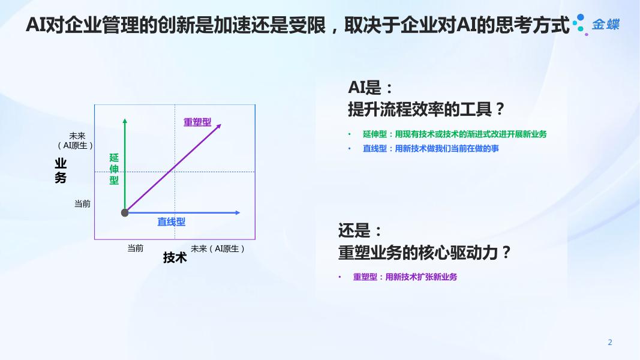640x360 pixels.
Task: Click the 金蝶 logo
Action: pos(596,25)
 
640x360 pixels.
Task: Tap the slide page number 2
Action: pos(610,343)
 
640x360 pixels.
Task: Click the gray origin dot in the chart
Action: pos(125,212)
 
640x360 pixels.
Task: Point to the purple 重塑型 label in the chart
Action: pos(197,122)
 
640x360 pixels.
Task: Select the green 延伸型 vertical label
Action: pos(114,169)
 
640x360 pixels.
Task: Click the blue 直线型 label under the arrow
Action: pos(172,222)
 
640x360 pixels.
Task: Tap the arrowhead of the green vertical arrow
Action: pos(125,121)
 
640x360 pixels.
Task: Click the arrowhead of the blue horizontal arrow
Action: pos(238,212)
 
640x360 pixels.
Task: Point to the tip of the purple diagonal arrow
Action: pos(221,124)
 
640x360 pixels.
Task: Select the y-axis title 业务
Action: pos(61,170)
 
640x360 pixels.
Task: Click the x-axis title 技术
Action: pos(175,257)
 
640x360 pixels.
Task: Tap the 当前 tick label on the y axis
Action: pos(82,203)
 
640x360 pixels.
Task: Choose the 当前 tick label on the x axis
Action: pos(136,248)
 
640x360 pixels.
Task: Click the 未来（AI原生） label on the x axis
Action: pos(218,248)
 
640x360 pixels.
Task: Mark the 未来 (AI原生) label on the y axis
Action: pos(76,141)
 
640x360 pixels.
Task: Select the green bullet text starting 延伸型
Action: pos(455,134)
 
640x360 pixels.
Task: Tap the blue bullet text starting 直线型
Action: pos(431,149)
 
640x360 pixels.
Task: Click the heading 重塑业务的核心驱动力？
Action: pos(425,253)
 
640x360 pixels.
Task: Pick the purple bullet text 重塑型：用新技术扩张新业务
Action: pos(405,277)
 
